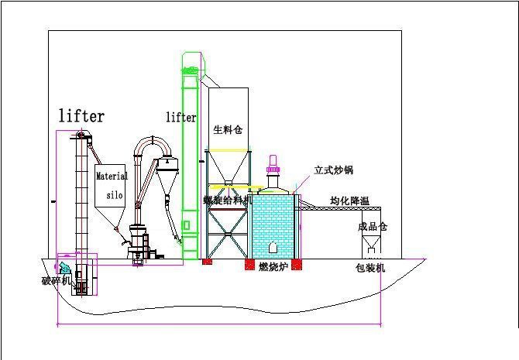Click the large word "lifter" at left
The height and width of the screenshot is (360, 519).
pos(81,116)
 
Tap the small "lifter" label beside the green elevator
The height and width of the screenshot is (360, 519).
pos(181,117)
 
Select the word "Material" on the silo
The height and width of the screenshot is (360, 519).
pos(112,177)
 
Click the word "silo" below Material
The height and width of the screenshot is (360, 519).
pos(114,196)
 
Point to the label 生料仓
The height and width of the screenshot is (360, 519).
pos(228,129)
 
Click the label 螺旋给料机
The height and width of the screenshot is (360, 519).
pos(228,201)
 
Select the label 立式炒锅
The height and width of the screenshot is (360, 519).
pos(333,170)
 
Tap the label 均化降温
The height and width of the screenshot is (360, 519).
pos(349,201)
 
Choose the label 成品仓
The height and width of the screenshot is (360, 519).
pos(372,227)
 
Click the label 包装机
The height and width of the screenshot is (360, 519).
pos(369,269)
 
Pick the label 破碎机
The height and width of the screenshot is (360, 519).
pos(56,279)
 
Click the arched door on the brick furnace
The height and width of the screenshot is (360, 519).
pos(273,248)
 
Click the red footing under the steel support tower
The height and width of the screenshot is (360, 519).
pos(207,262)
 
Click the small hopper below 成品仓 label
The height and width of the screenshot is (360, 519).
pos(370,246)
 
